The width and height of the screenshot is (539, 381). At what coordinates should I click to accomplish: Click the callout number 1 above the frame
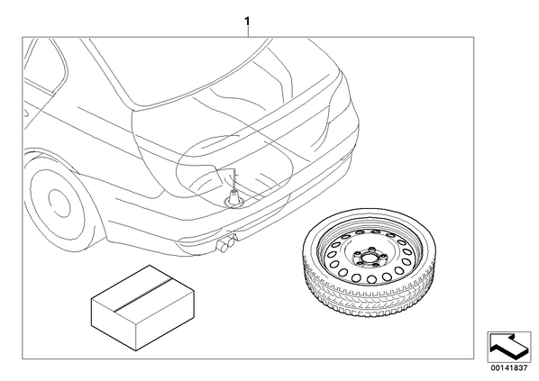[247, 22]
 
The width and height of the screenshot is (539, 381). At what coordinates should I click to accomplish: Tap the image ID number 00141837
[508, 368]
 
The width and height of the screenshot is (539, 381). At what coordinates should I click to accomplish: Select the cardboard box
[142, 307]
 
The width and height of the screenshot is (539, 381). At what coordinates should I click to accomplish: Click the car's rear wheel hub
[59, 203]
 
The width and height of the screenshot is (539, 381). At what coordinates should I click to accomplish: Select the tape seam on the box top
[142, 291]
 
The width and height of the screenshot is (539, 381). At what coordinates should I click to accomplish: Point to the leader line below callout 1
[248, 32]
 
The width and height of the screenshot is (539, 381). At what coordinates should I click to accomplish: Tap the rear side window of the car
[45, 65]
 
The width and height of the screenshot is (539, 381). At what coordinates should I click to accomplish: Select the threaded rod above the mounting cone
[234, 180]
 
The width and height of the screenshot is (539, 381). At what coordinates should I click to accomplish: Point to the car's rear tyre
[55, 203]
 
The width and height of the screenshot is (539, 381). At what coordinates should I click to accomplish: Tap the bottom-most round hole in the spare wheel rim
[371, 278]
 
